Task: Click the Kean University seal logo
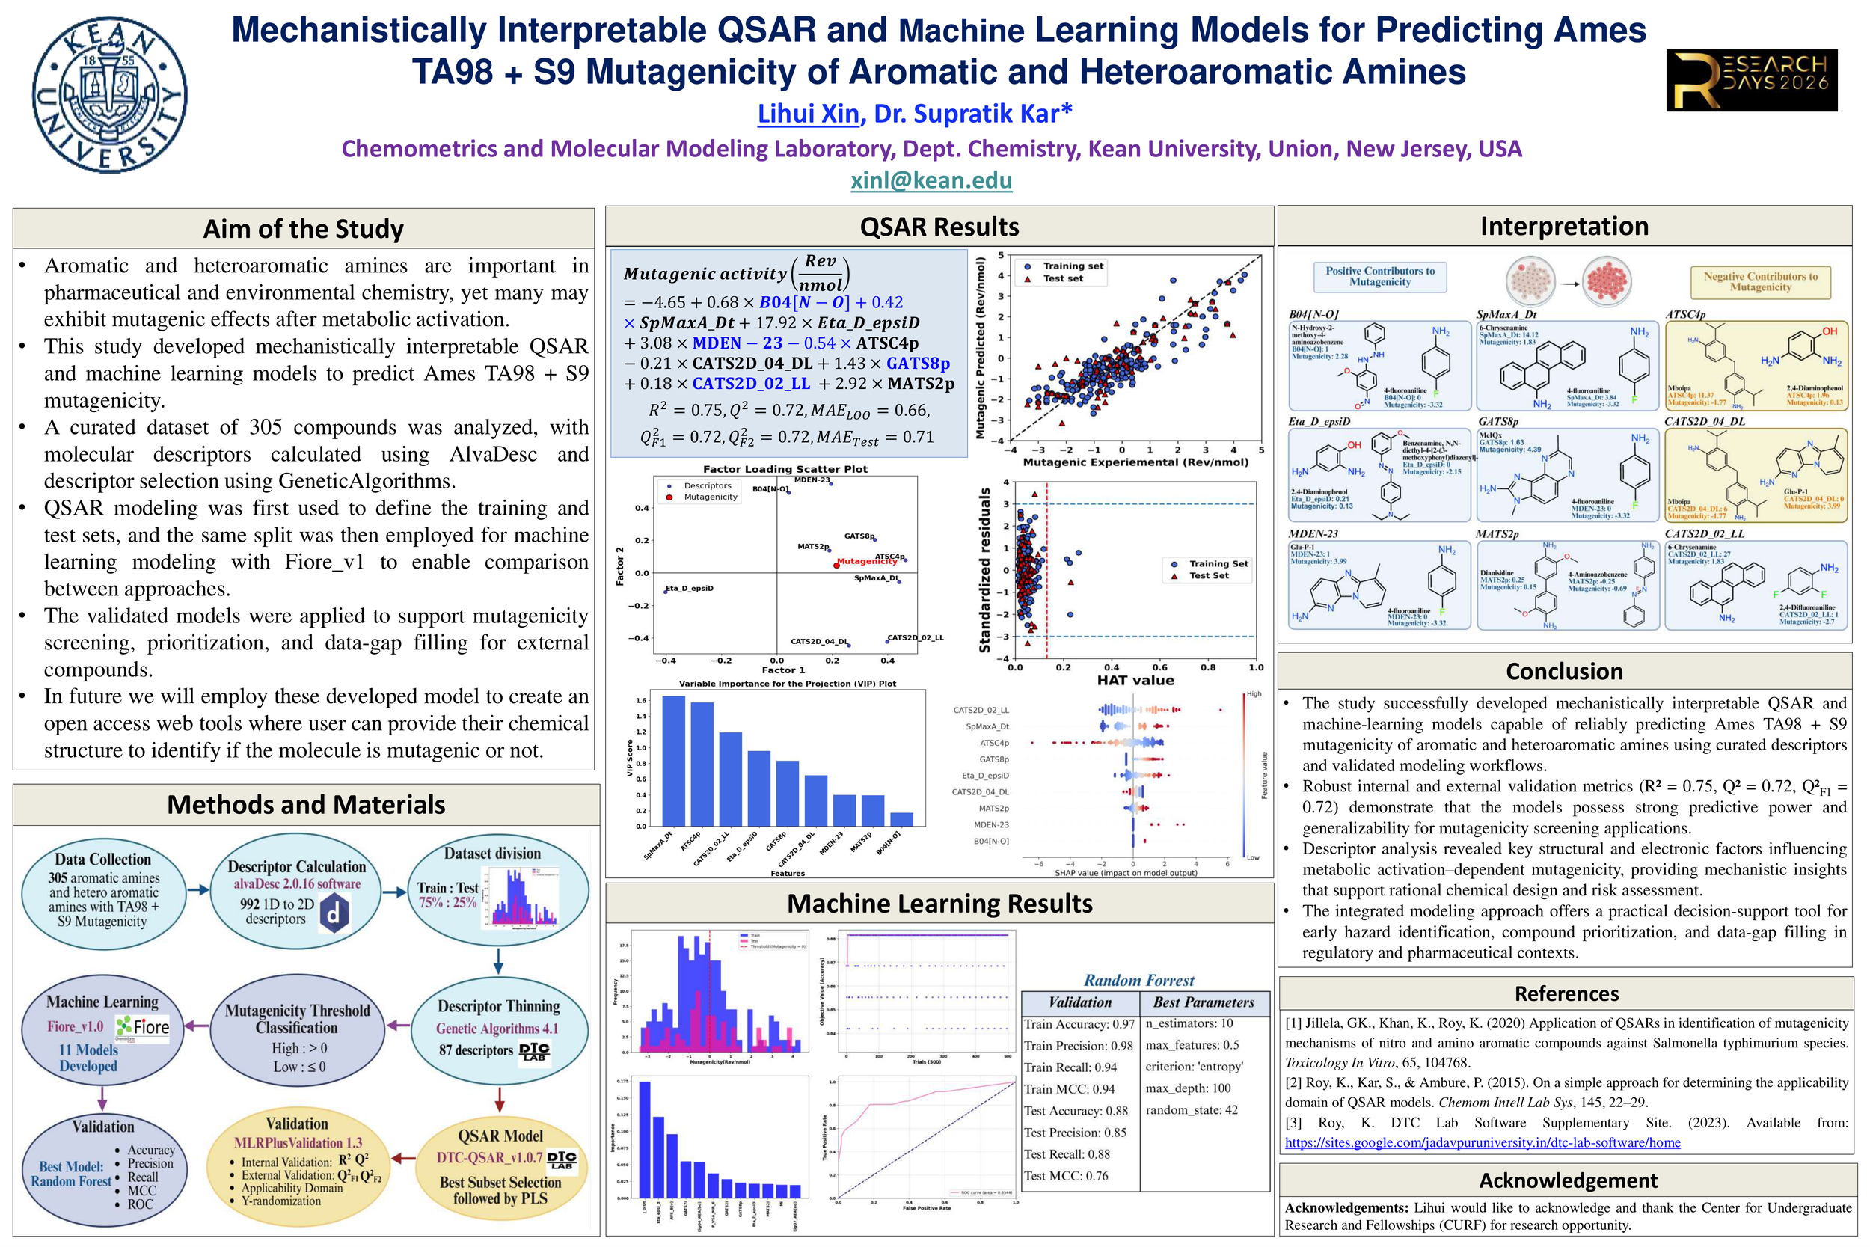coord(110,95)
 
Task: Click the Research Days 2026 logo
coord(1752,80)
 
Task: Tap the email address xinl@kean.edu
coord(931,180)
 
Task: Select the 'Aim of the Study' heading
coord(303,229)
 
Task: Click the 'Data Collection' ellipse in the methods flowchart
coord(102,890)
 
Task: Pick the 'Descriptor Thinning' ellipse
coord(497,1029)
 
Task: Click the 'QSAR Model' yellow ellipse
coord(500,1166)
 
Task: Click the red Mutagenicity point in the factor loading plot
coord(836,565)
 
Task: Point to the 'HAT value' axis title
coord(1135,680)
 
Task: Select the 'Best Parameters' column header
coord(1203,1003)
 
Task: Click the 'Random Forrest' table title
coord(1138,981)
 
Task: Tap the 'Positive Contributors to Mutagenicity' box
coord(1379,277)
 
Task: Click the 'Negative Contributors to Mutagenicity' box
coord(1759,281)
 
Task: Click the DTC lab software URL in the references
coord(1482,1143)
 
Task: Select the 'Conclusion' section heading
coord(1564,671)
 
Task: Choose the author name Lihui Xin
coord(808,114)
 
